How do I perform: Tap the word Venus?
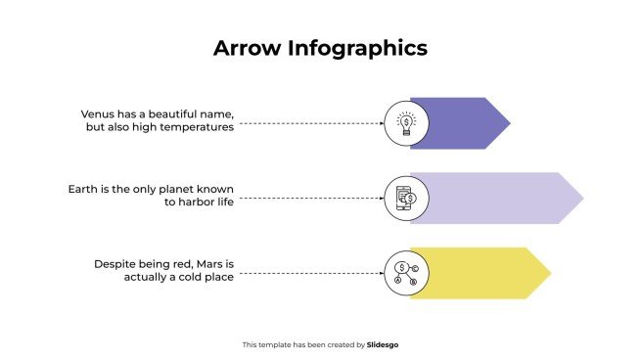coord(100,114)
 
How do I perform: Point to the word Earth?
coord(83,188)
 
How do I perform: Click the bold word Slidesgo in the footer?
coord(383,344)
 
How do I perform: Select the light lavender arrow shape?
coord(499,198)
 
